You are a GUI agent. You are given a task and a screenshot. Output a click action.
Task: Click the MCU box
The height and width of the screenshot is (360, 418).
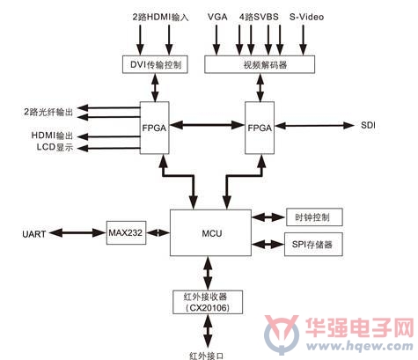pos(210,232)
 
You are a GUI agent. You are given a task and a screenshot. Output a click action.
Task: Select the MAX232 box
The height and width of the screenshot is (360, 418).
pos(126,233)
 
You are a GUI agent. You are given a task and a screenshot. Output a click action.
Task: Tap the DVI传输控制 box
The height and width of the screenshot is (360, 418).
pos(155,64)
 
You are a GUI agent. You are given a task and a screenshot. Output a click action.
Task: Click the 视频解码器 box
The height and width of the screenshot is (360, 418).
pos(260,64)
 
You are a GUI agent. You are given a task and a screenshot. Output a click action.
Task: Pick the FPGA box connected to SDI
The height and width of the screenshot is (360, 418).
pos(260,128)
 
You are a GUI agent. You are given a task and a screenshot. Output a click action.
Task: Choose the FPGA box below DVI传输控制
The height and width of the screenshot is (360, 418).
pos(155,128)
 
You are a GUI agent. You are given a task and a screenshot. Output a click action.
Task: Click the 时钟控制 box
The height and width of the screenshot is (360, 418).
pos(314,217)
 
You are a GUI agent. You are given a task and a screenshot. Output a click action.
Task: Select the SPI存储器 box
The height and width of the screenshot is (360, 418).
pos(313,245)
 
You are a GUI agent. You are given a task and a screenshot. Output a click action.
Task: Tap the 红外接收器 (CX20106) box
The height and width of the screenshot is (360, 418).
pos(208,302)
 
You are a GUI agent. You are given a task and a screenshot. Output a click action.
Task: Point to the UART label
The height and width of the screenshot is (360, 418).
pos(34,234)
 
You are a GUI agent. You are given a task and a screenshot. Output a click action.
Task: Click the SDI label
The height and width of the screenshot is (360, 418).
pos(368,125)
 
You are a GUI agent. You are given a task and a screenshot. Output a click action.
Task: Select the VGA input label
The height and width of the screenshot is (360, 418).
pos(217,17)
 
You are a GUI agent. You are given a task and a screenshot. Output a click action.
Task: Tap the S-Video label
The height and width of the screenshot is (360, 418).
pos(306,17)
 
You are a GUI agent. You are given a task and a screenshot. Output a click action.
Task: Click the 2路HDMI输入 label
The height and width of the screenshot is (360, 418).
pos(160,18)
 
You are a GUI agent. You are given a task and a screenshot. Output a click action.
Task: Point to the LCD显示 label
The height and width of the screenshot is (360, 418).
pos(55,147)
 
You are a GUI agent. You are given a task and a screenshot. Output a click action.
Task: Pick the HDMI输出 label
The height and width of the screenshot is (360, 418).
pos(52,136)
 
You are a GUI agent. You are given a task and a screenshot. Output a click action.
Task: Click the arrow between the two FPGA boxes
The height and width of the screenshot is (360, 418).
pos(207,125)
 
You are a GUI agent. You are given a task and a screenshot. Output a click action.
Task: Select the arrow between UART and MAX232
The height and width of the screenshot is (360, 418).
pos(77,233)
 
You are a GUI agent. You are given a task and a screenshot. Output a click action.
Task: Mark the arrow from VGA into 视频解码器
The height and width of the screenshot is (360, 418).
pos(216,40)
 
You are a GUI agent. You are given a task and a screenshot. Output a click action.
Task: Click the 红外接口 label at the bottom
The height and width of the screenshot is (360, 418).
pos(207,356)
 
